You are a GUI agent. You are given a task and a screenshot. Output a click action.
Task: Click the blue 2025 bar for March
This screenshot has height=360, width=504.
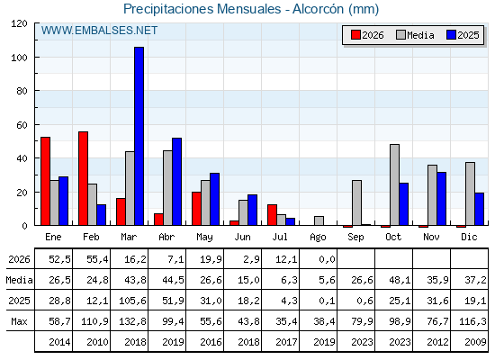(x=139, y=136)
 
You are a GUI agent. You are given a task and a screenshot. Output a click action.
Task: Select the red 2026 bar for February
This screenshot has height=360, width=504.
(x=83, y=178)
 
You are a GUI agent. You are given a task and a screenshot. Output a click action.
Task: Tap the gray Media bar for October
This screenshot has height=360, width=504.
(x=395, y=184)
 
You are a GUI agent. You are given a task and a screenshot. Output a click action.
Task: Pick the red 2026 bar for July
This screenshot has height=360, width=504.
(x=272, y=215)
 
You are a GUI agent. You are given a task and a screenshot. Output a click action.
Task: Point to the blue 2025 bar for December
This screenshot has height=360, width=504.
(x=479, y=209)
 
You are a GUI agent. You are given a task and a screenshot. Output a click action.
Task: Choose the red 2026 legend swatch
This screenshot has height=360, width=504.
(x=356, y=35)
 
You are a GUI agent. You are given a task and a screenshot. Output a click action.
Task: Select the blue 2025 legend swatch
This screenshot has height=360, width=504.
(x=452, y=35)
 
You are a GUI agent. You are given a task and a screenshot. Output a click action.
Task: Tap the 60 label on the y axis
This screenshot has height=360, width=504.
(x=22, y=125)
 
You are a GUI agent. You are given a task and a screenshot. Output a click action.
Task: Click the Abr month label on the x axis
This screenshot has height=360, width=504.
(x=166, y=238)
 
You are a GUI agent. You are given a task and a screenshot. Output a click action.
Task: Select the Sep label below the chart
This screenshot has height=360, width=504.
(x=355, y=238)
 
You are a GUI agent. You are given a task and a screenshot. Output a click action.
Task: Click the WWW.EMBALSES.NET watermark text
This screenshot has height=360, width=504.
(x=99, y=31)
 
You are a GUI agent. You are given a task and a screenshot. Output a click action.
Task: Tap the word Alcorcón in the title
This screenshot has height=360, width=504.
(x=319, y=9)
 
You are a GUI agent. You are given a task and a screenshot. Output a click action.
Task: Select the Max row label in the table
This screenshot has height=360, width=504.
(x=19, y=321)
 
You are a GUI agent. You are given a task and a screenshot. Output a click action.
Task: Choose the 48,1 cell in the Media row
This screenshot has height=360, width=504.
(x=400, y=280)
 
